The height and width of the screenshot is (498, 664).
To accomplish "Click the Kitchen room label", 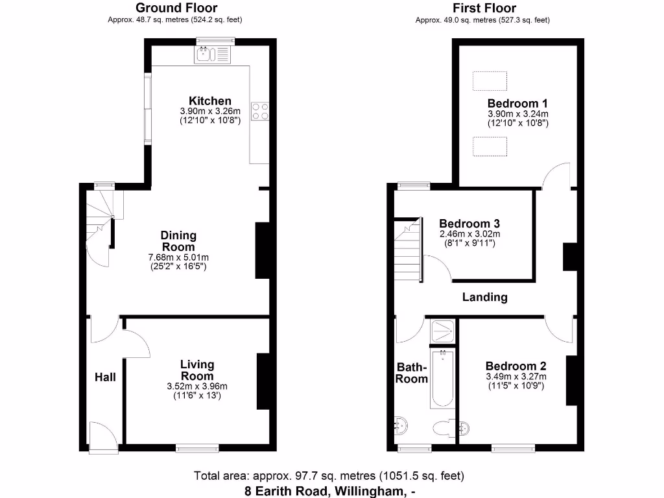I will pyautogui.click(x=209, y=101).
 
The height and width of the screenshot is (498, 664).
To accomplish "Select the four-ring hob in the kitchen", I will pyautogui.click(x=260, y=112).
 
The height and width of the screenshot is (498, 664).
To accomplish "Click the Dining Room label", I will pyautogui.click(x=178, y=241).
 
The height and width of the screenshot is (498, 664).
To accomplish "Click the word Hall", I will pyautogui.click(x=105, y=377).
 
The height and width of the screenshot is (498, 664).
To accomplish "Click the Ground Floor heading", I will pyautogui.click(x=176, y=8).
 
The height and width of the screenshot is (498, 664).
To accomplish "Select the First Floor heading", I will pyautogui.click(x=484, y=8).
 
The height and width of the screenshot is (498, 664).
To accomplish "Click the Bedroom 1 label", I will pyautogui.click(x=517, y=103).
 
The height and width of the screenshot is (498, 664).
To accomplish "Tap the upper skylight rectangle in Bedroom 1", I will pyautogui.click(x=490, y=80).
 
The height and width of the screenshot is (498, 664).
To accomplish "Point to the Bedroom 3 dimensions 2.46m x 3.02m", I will pyautogui.click(x=469, y=233).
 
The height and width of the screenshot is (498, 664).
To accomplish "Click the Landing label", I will pyautogui.click(x=484, y=297).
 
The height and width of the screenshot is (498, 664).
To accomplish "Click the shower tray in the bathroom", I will pyautogui.click(x=442, y=330).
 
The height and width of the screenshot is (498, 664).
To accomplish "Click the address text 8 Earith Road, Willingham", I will pyautogui.click(x=329, y=491).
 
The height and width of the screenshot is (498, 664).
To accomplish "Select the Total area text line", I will pyautogui.click(x=329, y=476).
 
